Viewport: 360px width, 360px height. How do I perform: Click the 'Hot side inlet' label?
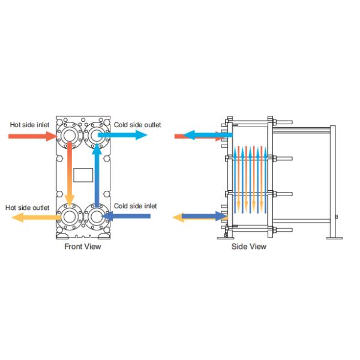[28, 125]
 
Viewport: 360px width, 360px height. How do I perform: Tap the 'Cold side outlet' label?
[137, 124]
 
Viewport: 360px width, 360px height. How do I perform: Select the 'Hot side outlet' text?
[28, 207]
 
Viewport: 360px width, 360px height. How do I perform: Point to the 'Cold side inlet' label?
[136, 206]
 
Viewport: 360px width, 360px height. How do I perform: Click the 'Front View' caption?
[83, 246]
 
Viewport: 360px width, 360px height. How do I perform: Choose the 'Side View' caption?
[249, 246]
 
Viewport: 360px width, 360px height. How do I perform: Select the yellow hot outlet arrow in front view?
[30, 217]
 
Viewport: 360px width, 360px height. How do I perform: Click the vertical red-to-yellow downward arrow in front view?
[70, 174]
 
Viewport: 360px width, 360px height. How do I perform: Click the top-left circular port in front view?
[70, 135]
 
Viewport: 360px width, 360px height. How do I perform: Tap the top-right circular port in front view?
[96, 135]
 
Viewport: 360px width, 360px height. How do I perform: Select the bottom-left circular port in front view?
[70, 216]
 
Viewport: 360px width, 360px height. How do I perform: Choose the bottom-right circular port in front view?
[96, 216]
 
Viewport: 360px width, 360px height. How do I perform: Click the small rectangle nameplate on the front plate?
[83, 175]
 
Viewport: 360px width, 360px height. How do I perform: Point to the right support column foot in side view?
[331, 237]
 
